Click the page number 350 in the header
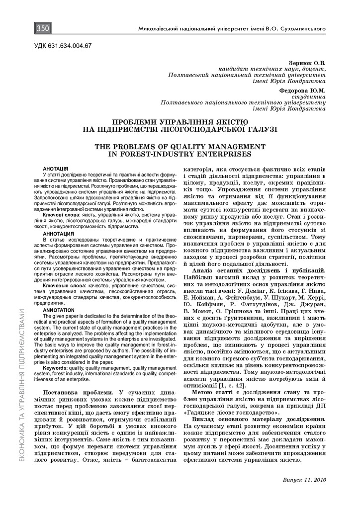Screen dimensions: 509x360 (x=42, y=29)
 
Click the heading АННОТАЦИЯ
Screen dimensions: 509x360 (x=59, y=234)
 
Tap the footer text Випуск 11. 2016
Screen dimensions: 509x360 (x=303, y=481)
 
